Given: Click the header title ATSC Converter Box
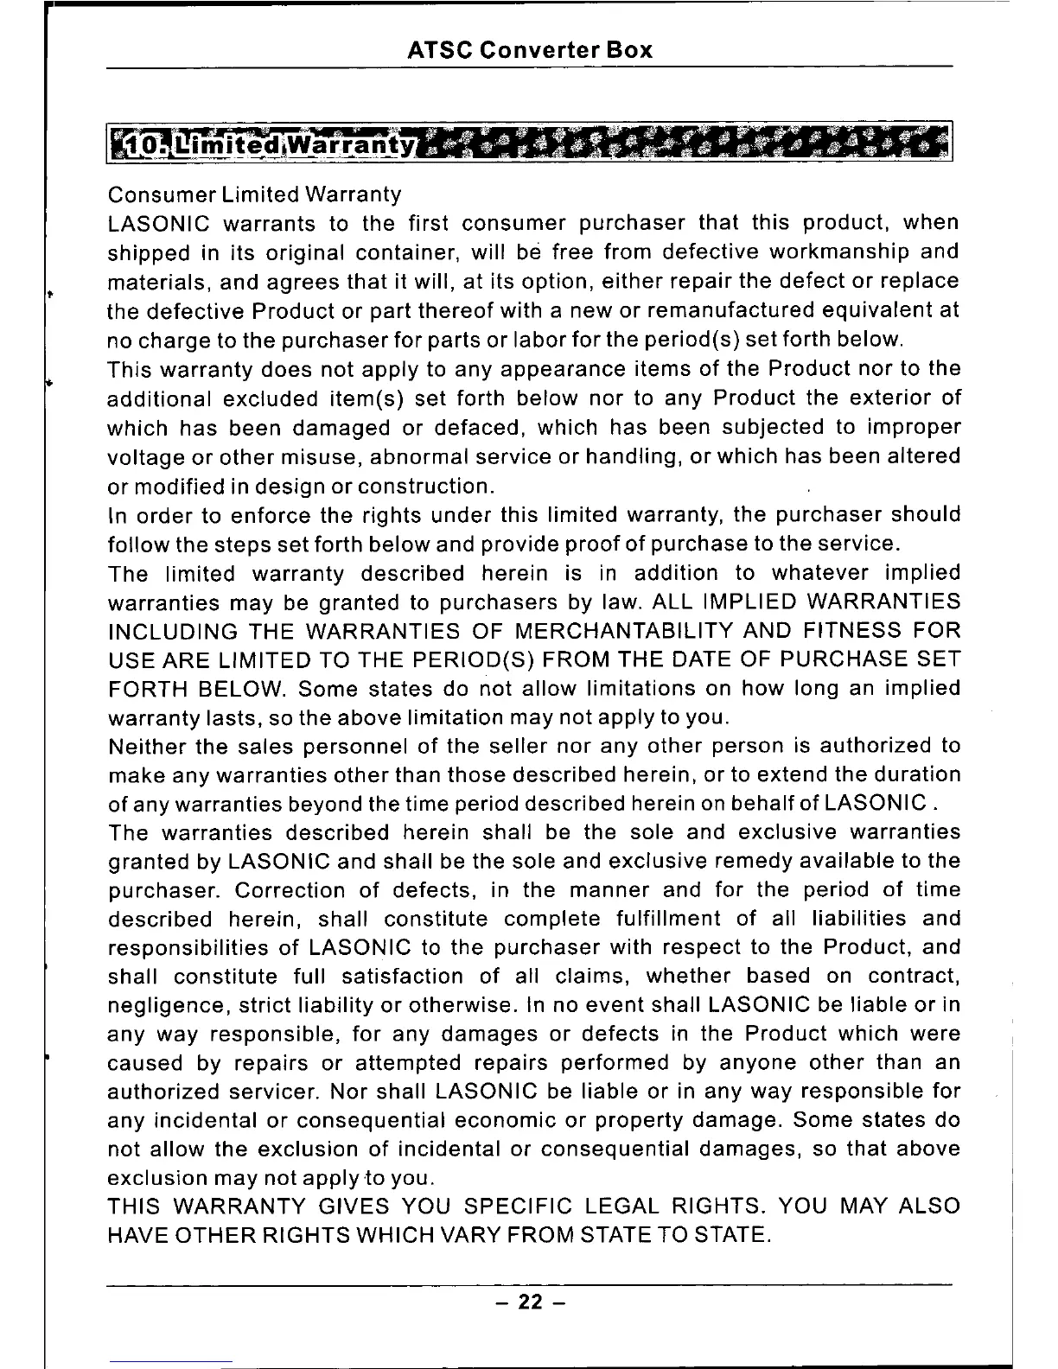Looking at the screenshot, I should tap(529, 50).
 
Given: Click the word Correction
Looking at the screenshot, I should tap(290, 890).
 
